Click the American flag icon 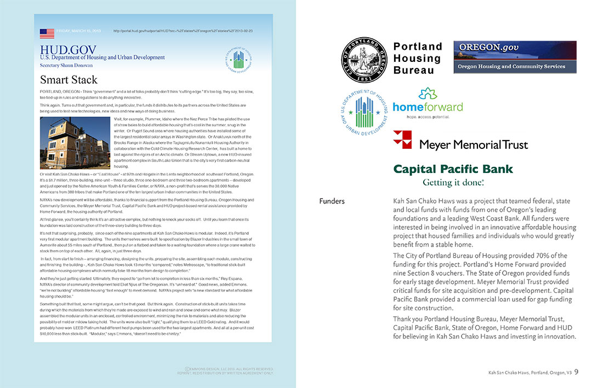point(47,33)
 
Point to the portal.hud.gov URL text point(183,31)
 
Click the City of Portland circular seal point(365,60)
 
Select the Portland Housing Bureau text point(418,58)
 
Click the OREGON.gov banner point(515,50)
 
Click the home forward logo point(428,103)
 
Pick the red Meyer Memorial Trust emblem point(402,140)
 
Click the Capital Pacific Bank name point(453,169)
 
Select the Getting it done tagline point(453,182)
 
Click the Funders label point(332,201)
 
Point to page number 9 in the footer point(577,372)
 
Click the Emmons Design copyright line point(229,369)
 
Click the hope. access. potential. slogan point(428,117)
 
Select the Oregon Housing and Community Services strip point(515,66)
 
